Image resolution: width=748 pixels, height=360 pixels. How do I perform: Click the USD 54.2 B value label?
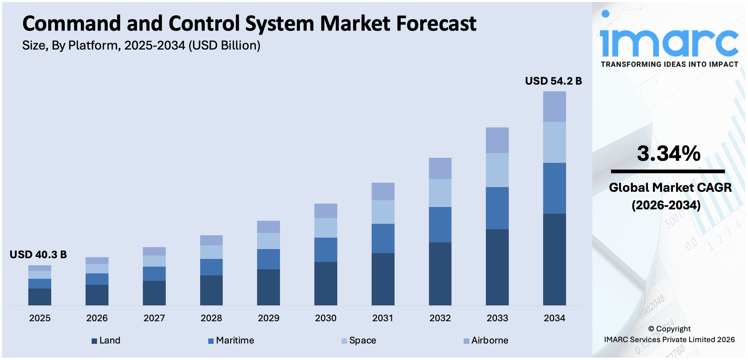point(553,81)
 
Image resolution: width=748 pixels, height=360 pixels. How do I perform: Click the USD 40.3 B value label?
point(38,254)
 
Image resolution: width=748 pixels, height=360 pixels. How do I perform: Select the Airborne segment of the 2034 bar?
point(554,107)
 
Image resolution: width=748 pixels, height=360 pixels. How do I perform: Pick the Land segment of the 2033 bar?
point(497,267)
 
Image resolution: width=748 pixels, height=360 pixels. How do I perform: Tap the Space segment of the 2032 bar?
point(440,193)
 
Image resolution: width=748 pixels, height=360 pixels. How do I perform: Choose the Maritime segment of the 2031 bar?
point(383,238)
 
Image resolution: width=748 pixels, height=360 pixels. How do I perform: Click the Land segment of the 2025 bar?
point(40,297)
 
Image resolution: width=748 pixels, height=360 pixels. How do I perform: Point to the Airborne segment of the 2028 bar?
point(211,240)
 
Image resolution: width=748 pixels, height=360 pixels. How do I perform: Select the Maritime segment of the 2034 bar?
point(554,188)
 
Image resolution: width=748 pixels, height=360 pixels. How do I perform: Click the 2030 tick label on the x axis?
point(325,318)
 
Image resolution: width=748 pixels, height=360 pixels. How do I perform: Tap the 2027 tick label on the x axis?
point(154,318)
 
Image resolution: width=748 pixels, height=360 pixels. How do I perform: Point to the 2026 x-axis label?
point(97,318)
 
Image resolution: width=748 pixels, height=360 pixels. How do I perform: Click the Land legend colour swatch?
point(94,341)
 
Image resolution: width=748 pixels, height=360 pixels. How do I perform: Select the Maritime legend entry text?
point(235,340)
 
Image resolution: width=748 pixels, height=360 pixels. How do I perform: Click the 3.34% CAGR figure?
point(668,154)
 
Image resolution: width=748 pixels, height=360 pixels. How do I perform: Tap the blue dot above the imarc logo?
point(605,13)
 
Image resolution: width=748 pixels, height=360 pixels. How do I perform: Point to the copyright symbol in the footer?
point(651,329)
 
